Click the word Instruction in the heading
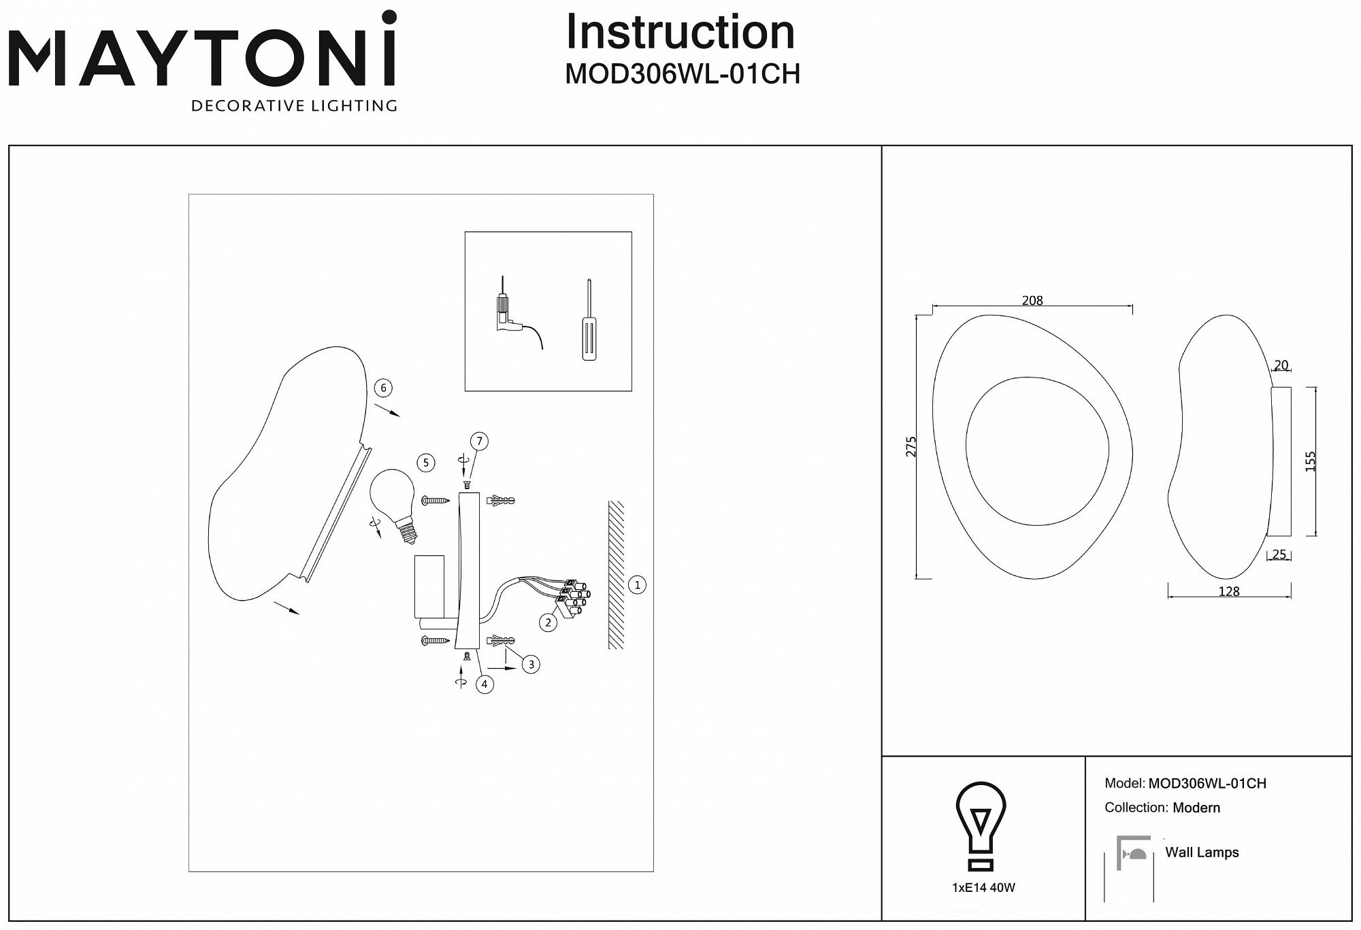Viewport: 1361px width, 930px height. (680, 33)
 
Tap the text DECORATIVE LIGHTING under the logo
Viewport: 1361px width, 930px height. (294, 105)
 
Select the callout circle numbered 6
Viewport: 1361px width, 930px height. (383, 388)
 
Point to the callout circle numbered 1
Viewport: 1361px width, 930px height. (637, 584)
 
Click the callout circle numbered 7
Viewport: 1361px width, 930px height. (479, 442)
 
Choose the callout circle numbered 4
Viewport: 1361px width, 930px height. (485, 684)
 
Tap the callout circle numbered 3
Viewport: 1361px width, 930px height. (531, 665)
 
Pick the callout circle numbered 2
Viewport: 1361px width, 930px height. (548, 622)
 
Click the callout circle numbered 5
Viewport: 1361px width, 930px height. (426, 463)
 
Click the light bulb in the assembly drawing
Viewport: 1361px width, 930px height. (393, 503)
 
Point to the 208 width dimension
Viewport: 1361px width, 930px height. (1032, 301)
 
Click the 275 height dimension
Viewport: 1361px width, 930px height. (912, 446)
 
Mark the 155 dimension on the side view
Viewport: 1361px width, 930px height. (1311, 461)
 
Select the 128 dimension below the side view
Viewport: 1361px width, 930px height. (1229, 592)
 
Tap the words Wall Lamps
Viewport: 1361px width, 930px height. (1202, 852)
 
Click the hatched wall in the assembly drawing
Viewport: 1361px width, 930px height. (616, 575)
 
